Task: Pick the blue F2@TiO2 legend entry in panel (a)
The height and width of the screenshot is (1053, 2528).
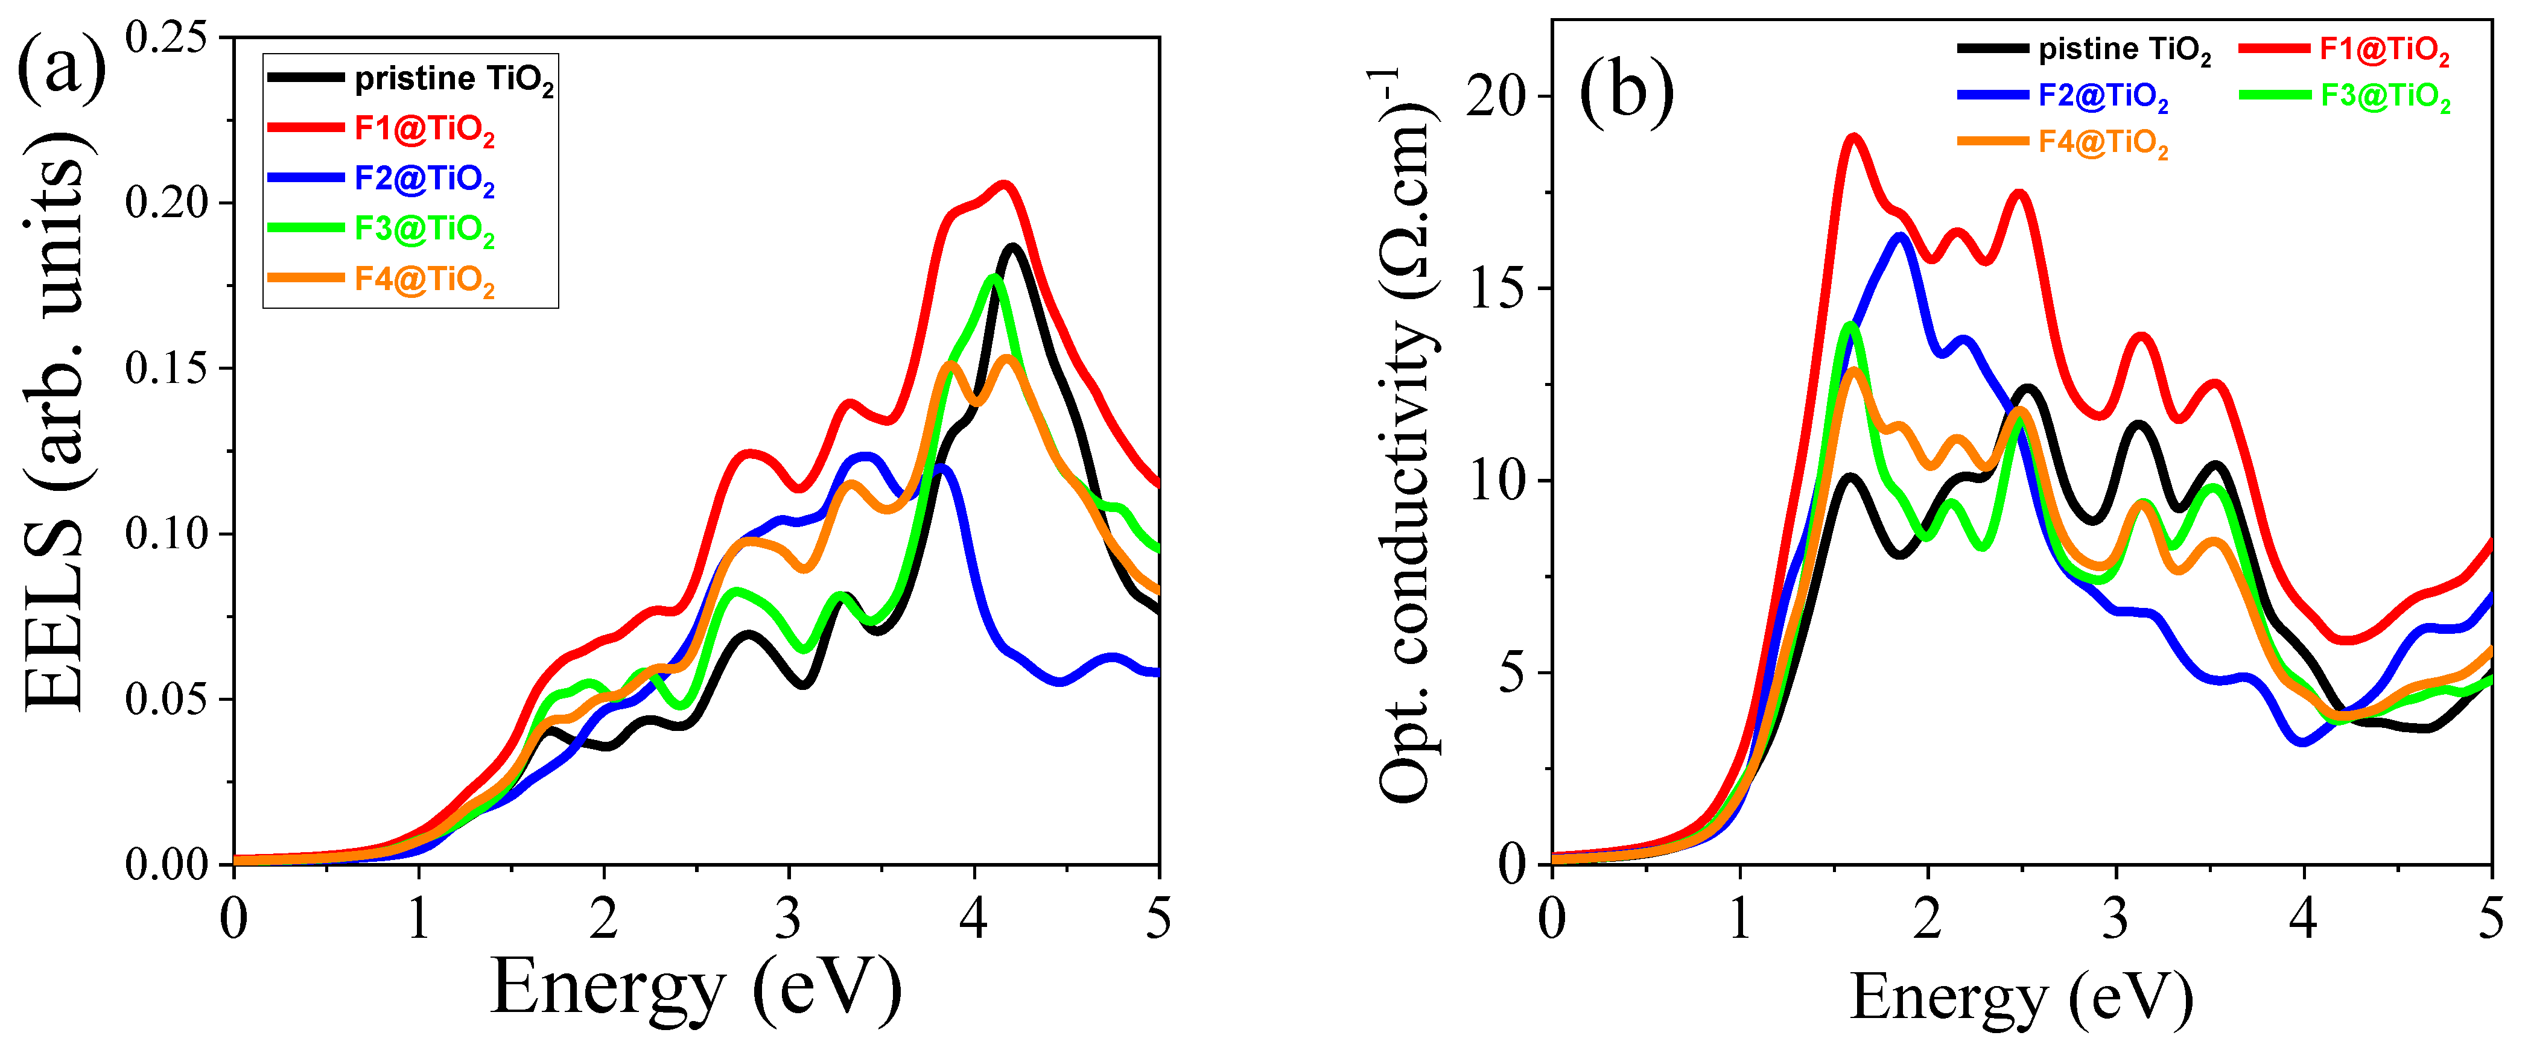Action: [424, 180]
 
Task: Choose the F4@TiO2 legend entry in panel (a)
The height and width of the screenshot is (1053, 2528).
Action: [424, 280]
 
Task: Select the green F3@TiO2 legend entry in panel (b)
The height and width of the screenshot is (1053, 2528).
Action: [2385, 96]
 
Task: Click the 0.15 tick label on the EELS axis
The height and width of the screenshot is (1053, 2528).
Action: [167, 369]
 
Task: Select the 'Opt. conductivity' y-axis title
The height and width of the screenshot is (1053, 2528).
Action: [1405, 437]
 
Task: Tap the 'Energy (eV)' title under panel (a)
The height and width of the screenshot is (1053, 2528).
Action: [695, 989]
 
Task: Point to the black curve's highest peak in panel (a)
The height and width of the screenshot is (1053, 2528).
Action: [1012, 247]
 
